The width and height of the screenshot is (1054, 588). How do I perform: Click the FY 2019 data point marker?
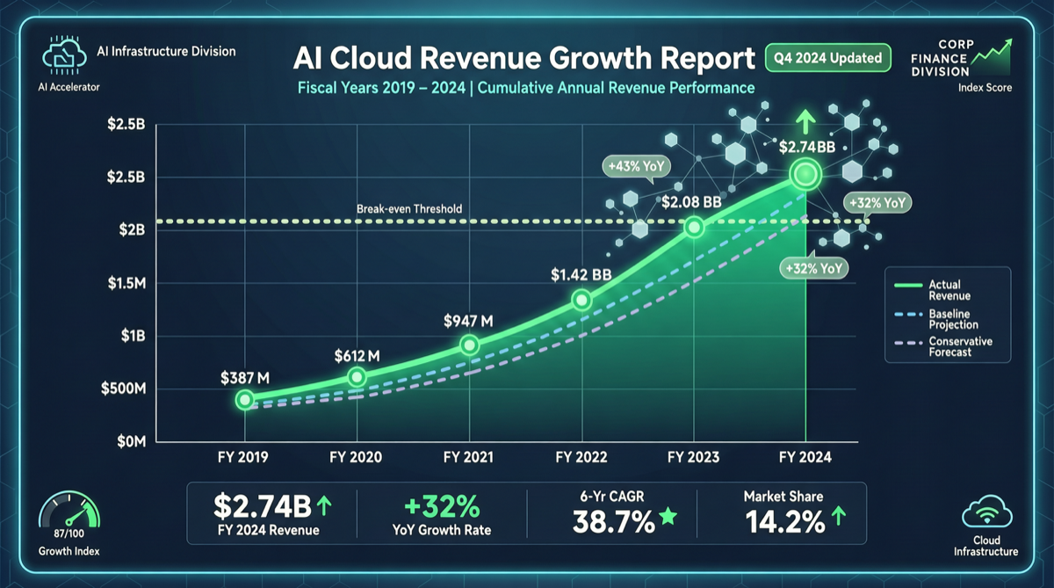pos(245,400)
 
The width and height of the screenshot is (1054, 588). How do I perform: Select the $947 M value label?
pos(469,321)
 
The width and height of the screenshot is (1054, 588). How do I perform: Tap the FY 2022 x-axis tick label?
pos(581,457)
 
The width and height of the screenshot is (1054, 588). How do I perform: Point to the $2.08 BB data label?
pos(692,202)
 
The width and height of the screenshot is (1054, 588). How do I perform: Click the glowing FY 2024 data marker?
pos(805,174)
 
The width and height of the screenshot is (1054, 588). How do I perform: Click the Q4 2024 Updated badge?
pos(827,59)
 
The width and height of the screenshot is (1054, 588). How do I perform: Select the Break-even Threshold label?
pos(409,209)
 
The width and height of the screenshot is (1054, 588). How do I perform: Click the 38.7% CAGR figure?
pos(613,522)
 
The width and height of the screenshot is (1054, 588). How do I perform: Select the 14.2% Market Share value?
pos(784,522)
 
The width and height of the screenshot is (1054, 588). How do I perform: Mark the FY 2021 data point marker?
pos(469,345)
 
